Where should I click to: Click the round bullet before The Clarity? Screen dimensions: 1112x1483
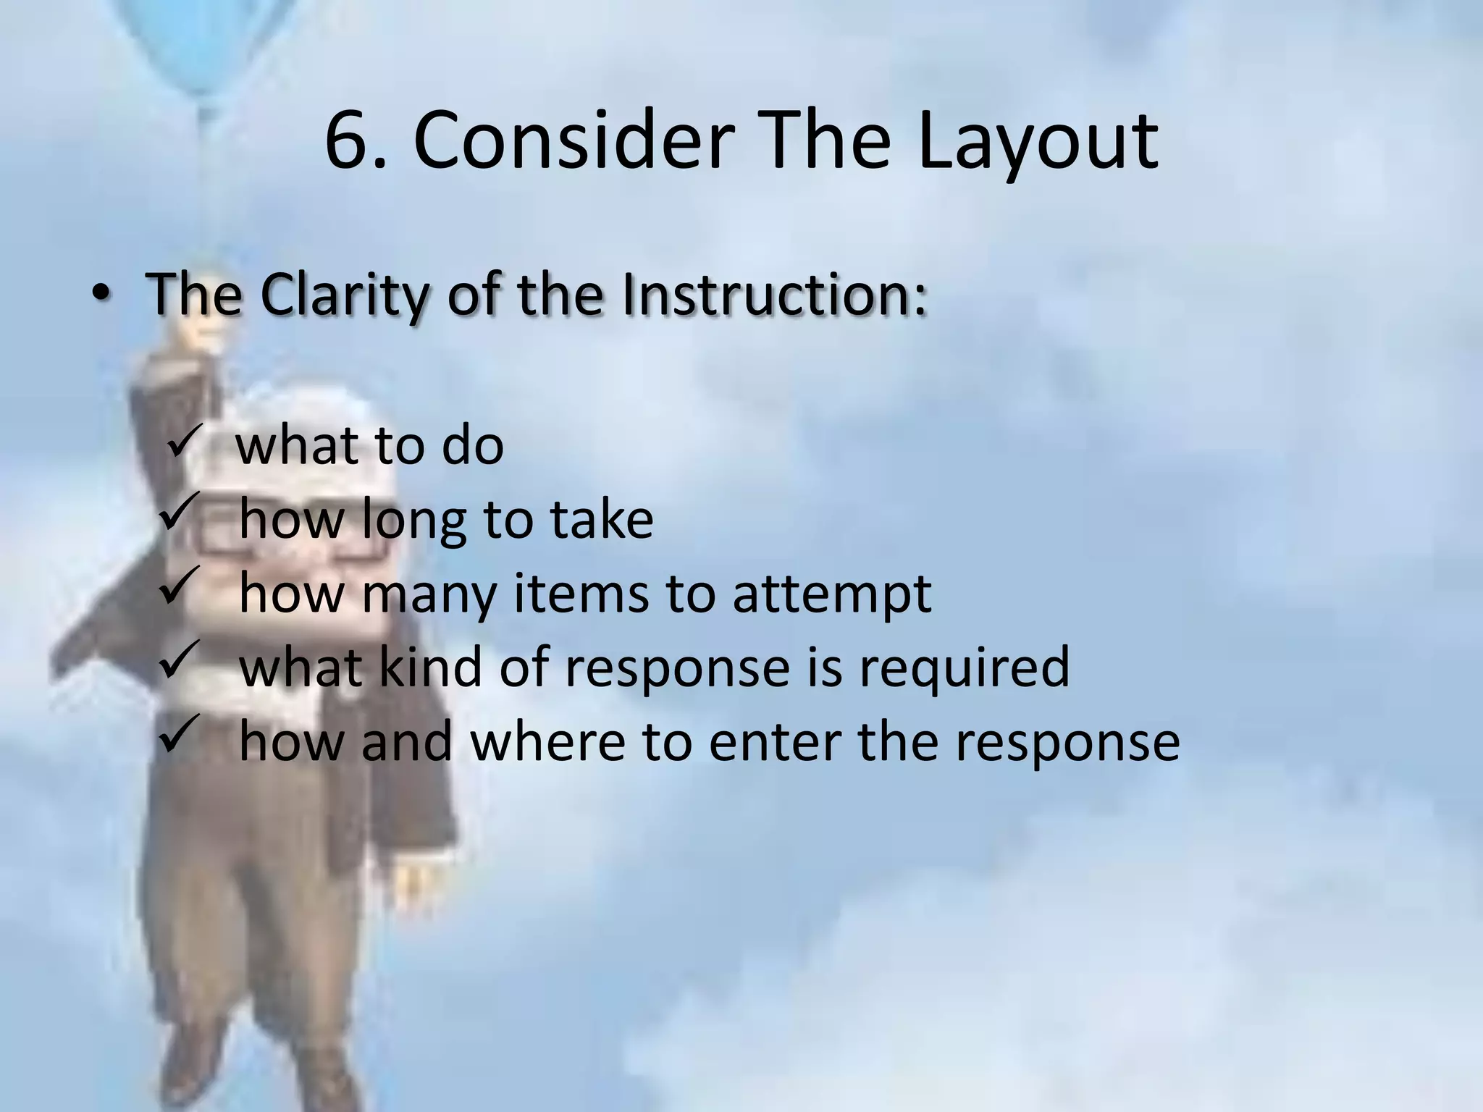[x=101, y=298]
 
